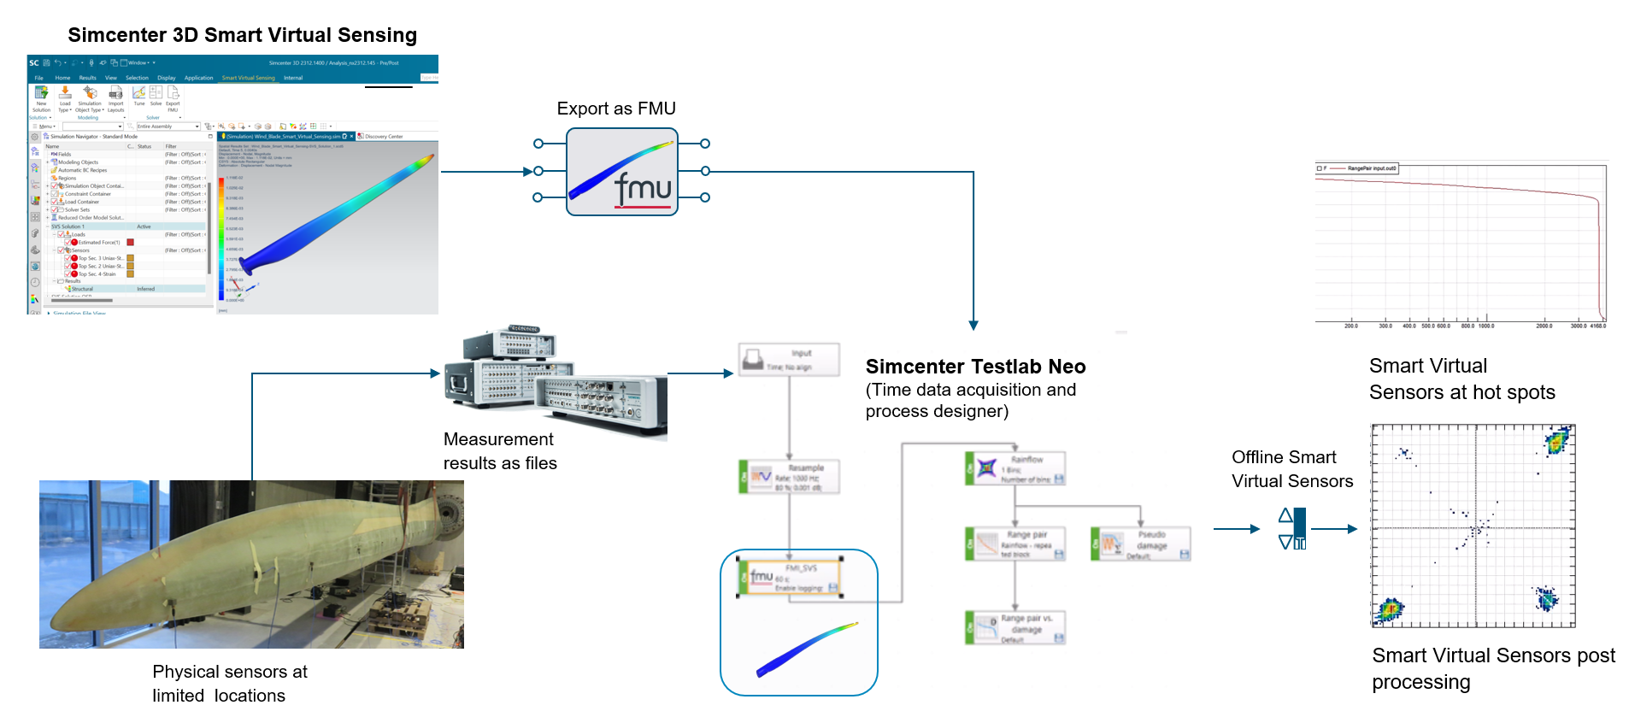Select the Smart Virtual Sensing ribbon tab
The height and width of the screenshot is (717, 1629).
(x=248, y=78)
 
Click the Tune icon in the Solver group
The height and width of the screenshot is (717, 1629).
(x=138, y=96)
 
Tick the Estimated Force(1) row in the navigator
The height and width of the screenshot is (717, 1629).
(x=68, y=242)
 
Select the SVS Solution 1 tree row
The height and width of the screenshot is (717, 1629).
(x=68, y=226)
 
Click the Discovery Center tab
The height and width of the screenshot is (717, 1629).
(x=383, y=136)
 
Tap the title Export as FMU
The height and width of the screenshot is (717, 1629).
(x=615, y=109)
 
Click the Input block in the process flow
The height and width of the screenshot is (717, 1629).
(x=789, y=359)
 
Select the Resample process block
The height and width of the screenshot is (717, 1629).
(x=789, y=477)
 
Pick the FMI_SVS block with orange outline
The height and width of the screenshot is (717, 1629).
(x=789, y=578)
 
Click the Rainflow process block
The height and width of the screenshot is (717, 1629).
(x=1014, y=468)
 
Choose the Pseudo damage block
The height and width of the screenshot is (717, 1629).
(x=1140, y=544)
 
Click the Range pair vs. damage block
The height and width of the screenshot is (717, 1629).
(x=1014, y=627)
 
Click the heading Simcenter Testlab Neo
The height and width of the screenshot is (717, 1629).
(x=975, y=367)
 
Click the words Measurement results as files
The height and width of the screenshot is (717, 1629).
(x=500, y=451)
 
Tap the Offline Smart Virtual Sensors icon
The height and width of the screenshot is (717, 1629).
(x=1292, y=529)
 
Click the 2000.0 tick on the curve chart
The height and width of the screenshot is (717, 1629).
(x=1544, y=326)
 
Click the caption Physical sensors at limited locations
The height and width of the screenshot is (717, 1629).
(x=229, y=683)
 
